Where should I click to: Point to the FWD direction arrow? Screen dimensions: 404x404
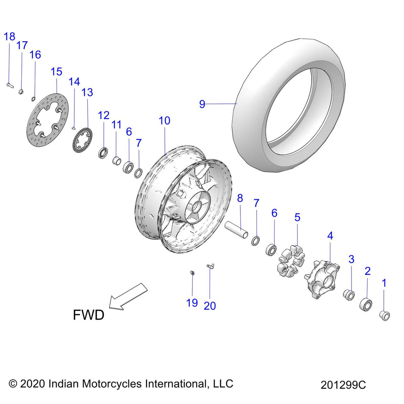pos(128,297)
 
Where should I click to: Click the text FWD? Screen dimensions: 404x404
pos(88,314)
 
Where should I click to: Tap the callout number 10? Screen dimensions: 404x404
pos(164,120)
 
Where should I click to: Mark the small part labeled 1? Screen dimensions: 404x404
pos(385,315)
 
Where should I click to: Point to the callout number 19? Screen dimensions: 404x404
pos(192,302)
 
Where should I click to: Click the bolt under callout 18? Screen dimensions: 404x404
pos(10,85)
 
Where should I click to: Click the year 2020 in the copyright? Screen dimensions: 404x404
pos(33,383)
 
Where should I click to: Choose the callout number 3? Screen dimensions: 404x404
pos(351,259)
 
